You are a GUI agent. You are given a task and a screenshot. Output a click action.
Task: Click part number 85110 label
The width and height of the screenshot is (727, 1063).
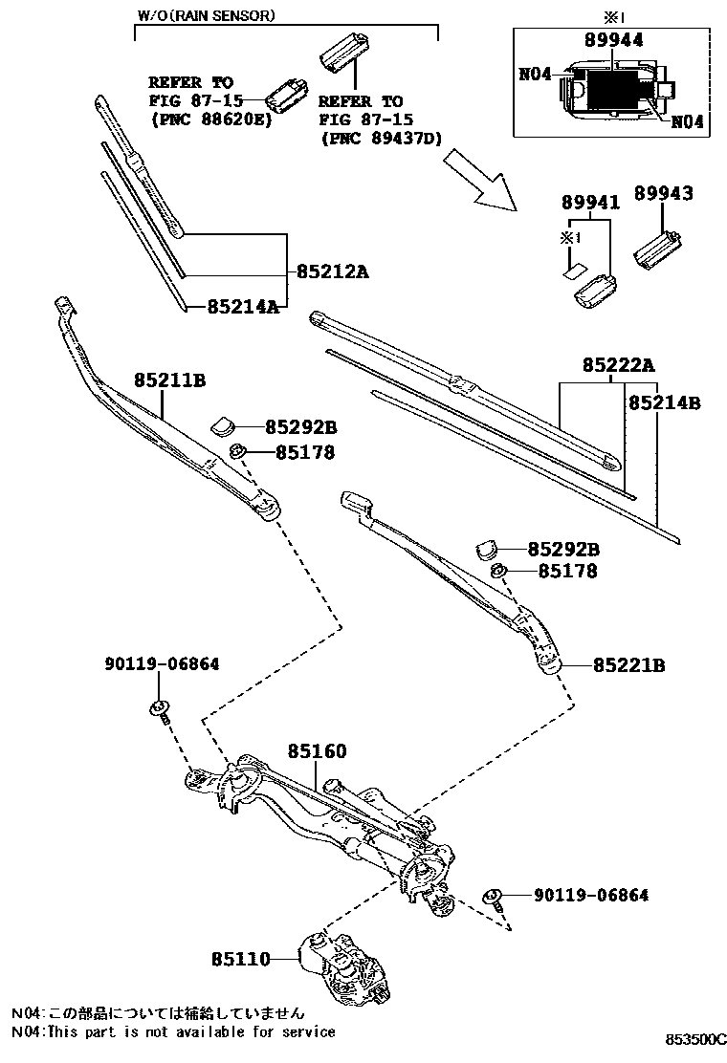point(242,957)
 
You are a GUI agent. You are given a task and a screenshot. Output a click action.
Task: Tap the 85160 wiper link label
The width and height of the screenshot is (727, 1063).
point(317,752)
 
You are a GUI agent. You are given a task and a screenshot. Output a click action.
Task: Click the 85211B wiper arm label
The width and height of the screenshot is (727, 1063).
point(169,380)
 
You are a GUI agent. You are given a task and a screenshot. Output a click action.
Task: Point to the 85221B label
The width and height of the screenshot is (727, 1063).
point(628,664)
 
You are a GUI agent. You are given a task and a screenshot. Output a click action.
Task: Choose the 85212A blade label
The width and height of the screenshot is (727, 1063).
point(332,271)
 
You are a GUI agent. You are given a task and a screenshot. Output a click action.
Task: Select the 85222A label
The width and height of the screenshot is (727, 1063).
point(618,365)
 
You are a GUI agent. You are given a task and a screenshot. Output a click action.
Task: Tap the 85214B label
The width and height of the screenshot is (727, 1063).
point(664,403)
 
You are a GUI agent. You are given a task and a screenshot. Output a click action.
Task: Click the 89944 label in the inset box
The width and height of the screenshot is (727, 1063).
point(613,39)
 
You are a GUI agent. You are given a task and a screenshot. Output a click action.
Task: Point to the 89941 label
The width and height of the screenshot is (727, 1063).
point(590,203)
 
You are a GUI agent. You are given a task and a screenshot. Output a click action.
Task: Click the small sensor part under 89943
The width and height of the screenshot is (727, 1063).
point(658,247)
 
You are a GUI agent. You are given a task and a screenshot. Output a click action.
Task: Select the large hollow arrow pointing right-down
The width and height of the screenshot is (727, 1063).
point(482,182)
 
